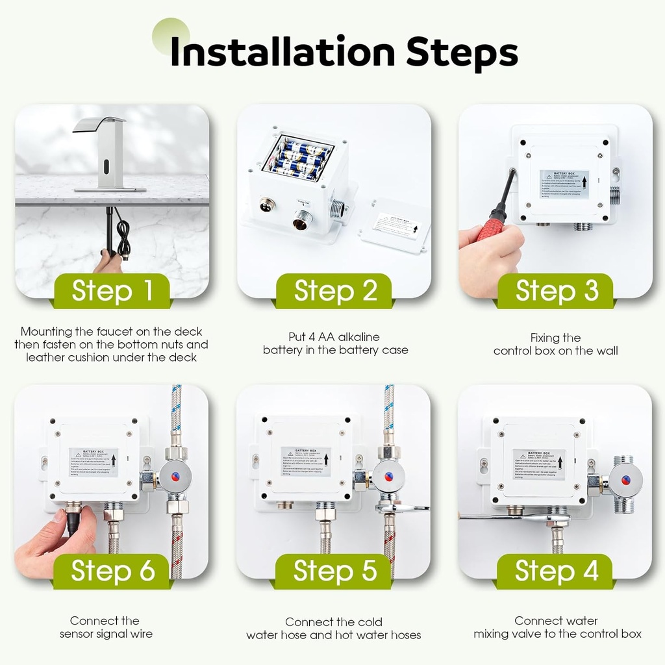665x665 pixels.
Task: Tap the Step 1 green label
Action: tap(112, 291)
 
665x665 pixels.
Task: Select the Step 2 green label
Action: tap(335, 291)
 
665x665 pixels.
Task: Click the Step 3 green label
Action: tap(557, 291)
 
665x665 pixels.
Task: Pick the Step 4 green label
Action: tap(556, 571)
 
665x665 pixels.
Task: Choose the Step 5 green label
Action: tap(334, 571)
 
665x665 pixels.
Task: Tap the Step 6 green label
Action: tap(112, 571)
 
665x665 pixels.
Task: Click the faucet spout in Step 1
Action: tap(99, 125)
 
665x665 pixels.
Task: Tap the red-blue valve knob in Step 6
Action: tap(175, 477)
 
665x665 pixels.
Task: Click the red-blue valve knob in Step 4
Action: tap(625, 481)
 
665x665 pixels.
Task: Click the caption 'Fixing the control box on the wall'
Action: tap(555, 344)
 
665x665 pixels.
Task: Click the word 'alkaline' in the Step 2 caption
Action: tap(357, 337)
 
